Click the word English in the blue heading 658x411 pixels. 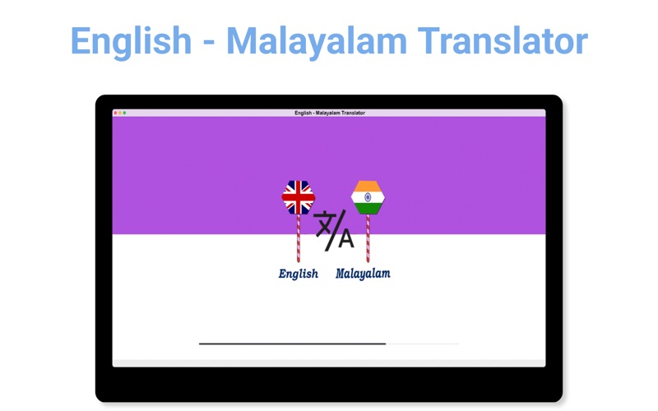tap(131, 42)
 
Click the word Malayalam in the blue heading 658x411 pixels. tap(317, 42)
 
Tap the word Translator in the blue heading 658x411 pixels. tap(503, 40)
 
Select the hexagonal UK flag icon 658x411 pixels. tap(299, 197)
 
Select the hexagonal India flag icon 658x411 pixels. tap(368, 197)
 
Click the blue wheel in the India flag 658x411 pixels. tap(368, 197)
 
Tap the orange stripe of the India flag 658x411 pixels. tap(368, 186)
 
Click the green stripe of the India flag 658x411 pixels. tap(368, 209)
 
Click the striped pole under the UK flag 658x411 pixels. tap(299, 238)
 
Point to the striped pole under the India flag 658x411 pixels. tap(368, 238)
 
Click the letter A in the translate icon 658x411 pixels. tap(346, 239)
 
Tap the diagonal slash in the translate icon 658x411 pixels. tap(336, 230)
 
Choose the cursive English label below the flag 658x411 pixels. tap(299, 274)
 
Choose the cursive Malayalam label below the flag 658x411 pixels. tap(363, 274)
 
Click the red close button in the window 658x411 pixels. tap(116, 113)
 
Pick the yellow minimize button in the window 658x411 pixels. tap(120, 113)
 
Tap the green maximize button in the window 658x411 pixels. tap(125, 113)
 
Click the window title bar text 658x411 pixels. tap(330, 113)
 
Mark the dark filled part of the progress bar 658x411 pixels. tap(293, 344)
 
